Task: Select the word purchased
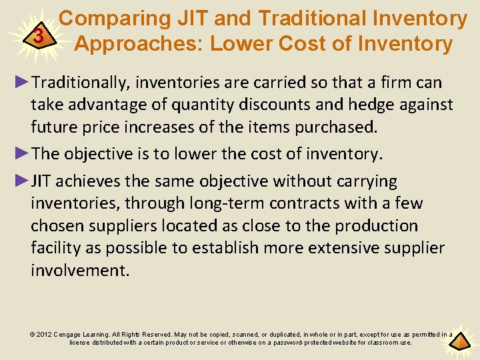point(340,127)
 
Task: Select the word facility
point(55,248)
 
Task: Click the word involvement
point(79,270)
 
